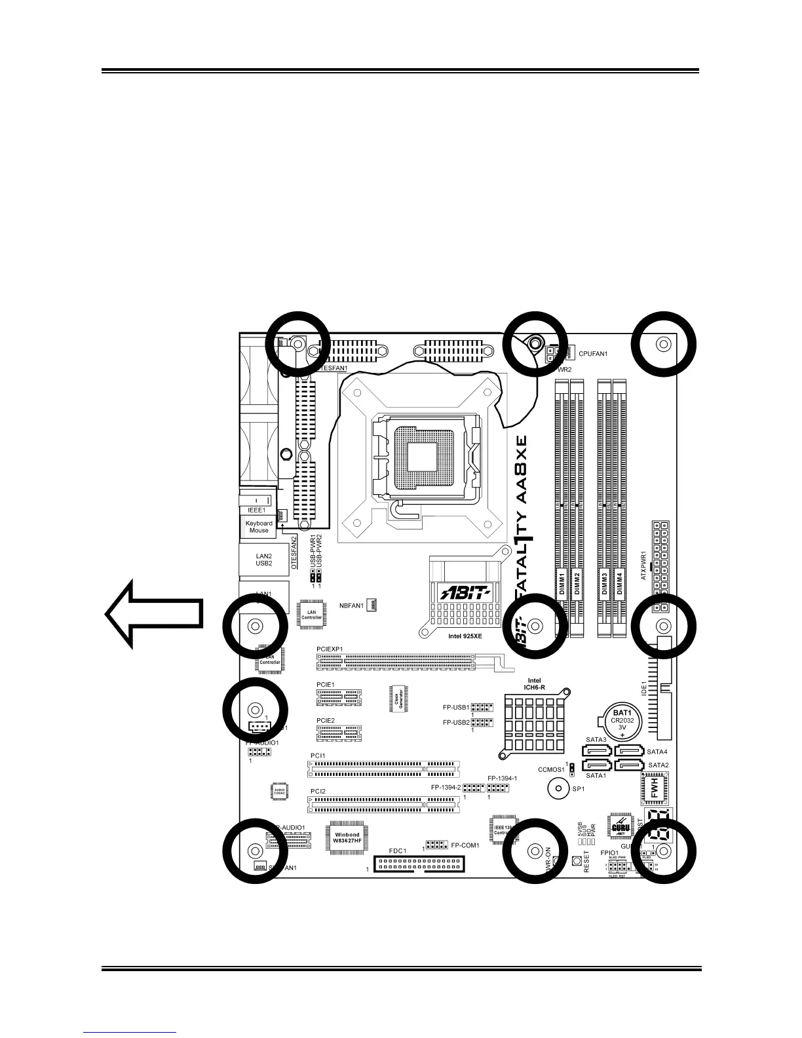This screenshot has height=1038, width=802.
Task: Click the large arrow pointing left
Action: click(153, 614)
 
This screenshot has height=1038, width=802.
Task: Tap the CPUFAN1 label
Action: click(593, 354)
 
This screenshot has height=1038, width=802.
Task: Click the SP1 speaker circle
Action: click(558, 789)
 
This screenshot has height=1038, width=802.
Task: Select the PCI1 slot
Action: click(384, 768)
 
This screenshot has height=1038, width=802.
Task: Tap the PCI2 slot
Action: click(384, 803)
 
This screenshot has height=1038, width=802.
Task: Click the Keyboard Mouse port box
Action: click(259, 526)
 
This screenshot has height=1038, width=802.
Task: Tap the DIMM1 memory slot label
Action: click(562, 583)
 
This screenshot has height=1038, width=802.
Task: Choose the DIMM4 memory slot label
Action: click(620, 583)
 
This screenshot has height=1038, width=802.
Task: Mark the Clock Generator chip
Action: click(398, 701)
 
